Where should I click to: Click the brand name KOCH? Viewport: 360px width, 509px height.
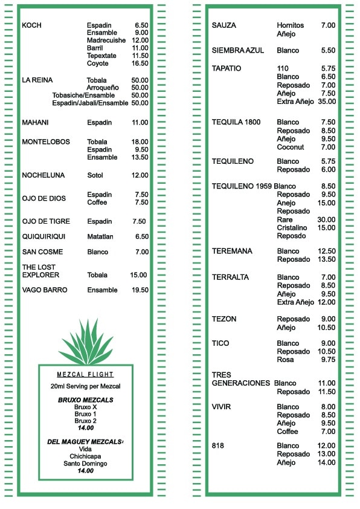[x=31, y=25]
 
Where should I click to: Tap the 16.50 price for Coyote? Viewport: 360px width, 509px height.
[x=140, y=63]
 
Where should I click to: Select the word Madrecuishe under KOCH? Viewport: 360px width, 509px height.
[x=106, y=40]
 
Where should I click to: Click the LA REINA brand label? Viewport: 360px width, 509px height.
[x=37, y=80]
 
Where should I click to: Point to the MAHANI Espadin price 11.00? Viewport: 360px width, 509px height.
[x=140, y=123]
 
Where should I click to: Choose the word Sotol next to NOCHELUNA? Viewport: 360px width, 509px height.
[x=95, y=175]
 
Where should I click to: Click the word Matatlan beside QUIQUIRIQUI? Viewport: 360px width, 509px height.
[x=100, y=236]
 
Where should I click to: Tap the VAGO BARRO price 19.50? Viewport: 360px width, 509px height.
[x=140, y=290]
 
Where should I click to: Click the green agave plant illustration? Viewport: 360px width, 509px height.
[x=85, y=341]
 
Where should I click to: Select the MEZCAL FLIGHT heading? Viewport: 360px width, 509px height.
[x=85, y=374]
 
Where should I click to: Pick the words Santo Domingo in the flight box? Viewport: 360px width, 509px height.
[x=85, y=464]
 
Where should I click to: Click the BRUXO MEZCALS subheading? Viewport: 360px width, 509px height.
[x=85, y=400]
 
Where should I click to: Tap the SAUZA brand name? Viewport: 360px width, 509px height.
[x=224, y=25]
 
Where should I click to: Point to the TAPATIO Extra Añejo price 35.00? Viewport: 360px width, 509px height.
[x=327, y=102]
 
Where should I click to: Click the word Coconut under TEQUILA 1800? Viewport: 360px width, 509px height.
[x=291, y=147]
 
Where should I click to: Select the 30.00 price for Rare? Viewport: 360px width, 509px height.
[x=326, y=219]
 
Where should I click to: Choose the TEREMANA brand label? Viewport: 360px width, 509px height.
[x=232, y=251]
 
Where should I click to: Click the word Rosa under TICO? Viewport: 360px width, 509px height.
[x=285, y=360]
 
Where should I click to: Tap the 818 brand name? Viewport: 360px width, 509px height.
[x=218, y=446]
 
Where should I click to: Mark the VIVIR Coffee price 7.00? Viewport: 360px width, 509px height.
[x=328, y=432]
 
